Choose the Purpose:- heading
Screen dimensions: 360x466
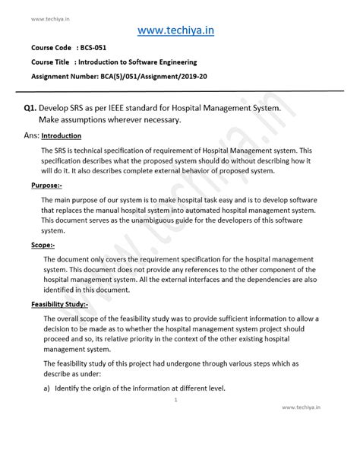point(47,185)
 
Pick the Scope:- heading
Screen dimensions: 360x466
point(43,246)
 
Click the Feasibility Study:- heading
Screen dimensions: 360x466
point(60,306)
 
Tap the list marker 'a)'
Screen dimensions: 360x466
point(46,388)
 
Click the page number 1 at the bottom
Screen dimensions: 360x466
point(175,400)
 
